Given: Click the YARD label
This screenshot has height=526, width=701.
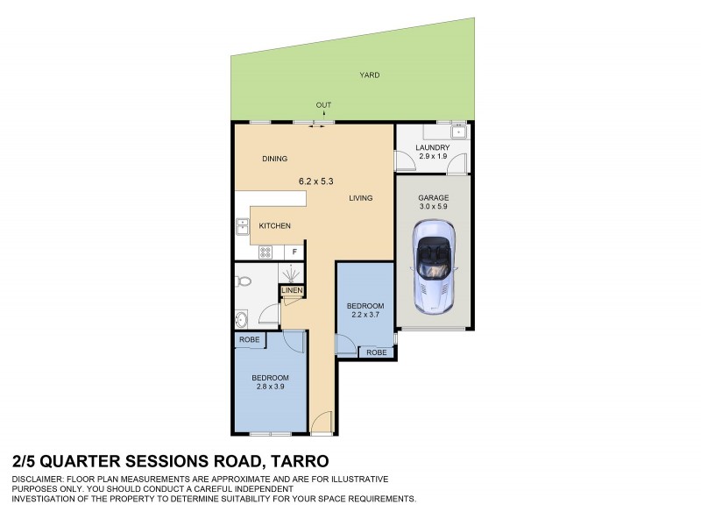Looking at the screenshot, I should click(x=370, y=76).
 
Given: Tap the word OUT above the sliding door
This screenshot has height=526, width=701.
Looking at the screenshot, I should click(x=324, y=106).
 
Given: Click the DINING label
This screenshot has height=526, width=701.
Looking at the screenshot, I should click(x=276, y=159).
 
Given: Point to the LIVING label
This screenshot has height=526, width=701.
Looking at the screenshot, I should click(x=360, y=198).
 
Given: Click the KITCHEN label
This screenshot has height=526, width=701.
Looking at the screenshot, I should click(x=274, y=226).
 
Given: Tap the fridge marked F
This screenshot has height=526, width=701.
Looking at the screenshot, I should click(x=294, y=252).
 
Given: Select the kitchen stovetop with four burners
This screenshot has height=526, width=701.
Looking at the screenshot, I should click(x=266, y=252).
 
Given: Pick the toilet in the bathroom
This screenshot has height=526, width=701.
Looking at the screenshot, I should click(x=244, y=281).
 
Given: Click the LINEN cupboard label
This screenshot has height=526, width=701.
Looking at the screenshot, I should click(x=292, y=291).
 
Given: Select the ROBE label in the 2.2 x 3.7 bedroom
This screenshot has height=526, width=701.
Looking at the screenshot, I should click(x=376, y=352).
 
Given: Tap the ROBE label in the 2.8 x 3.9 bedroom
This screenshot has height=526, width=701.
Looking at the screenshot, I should click(x=246, y=340).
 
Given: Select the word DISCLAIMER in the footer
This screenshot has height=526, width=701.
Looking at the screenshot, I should click(x=39, y=480).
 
